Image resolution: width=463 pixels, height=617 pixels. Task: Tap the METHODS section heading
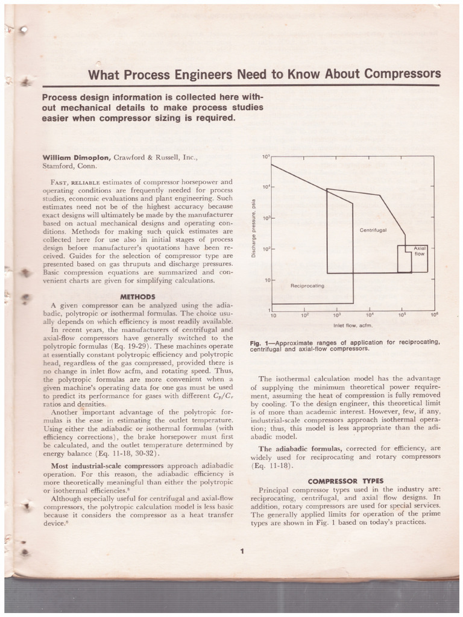point(138,296)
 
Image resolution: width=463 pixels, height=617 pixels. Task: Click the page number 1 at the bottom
point(241,551)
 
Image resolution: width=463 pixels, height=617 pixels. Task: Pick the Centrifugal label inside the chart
point(373,230)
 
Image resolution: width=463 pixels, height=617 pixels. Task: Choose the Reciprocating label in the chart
point(307,286)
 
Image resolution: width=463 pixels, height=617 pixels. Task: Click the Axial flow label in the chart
point(419,251)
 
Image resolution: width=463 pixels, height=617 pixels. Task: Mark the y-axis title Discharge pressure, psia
point(254,228)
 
